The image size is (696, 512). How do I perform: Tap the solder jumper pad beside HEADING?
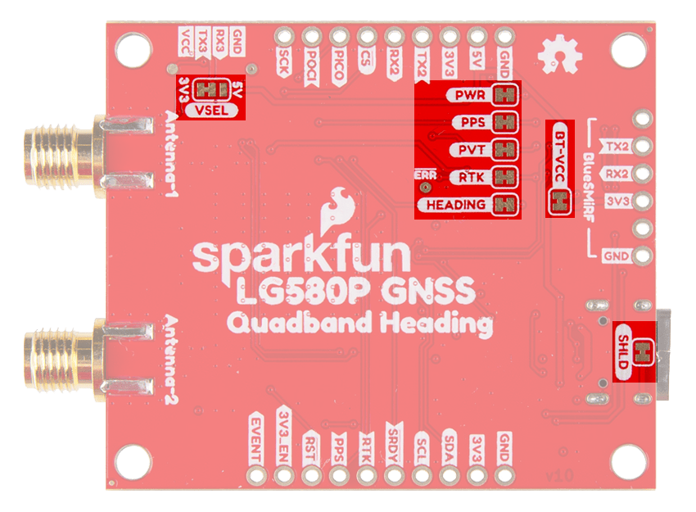click(508, 205)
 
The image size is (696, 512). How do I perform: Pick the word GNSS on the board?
click(436, 292)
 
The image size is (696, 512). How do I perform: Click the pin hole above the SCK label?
click(285, 37)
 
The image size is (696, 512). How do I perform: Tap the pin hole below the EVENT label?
click(257, 475)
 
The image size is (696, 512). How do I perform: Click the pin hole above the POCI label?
click(312, 37)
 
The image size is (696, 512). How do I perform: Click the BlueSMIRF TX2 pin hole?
click(642, 147)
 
